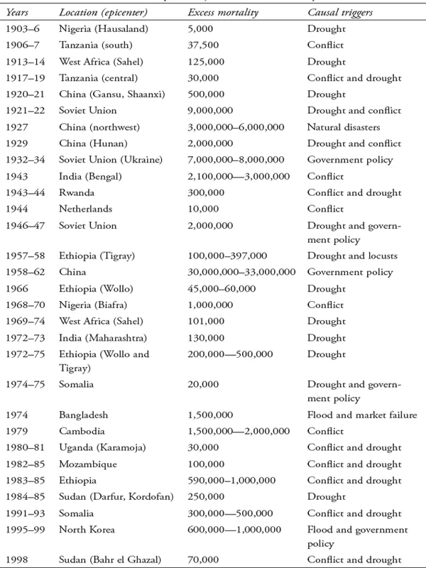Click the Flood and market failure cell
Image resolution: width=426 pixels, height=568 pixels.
[361, 415]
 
